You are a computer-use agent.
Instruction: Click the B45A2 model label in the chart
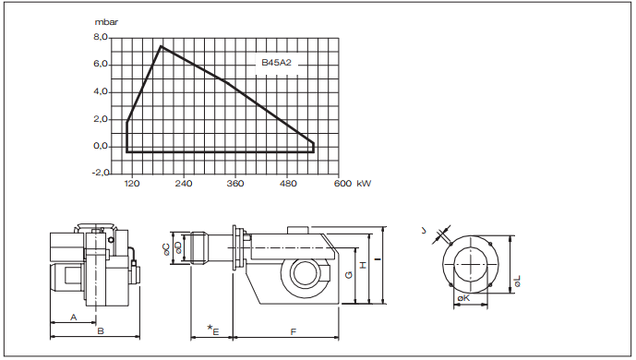(276, 63)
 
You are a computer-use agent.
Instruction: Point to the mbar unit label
(106, 22)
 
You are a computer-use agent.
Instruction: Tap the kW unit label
(364, 184)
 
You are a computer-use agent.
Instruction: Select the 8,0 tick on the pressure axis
(101, 37)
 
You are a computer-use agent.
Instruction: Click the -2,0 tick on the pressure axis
(101, 173)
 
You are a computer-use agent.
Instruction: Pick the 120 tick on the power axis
(131, 184)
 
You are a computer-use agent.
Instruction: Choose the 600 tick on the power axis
(342, 184)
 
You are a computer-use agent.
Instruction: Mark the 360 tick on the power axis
(235, 184)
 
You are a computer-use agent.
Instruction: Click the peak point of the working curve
(161, 46)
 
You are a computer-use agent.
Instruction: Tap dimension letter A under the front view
(74, 317)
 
